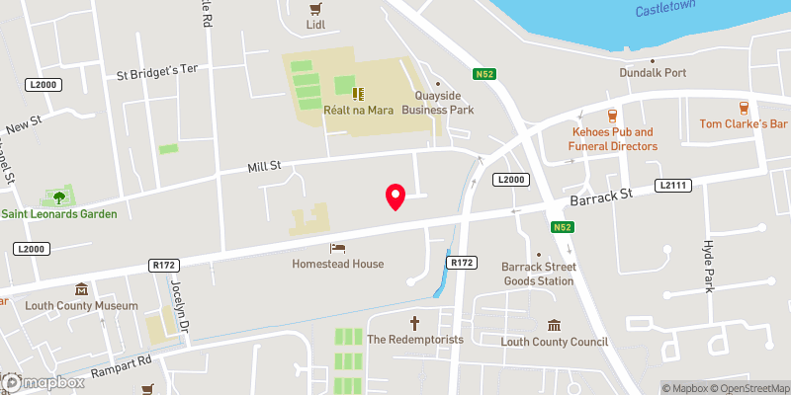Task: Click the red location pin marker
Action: [x=395, y=197]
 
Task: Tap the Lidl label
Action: [x=315, y=24]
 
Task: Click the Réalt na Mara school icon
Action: [x=361, y=94]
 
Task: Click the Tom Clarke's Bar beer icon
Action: [x=742, y=107]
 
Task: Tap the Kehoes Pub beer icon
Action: [x=613, y=114]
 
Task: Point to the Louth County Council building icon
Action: [x=554, y=325]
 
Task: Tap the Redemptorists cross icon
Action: [x=415, y=322]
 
